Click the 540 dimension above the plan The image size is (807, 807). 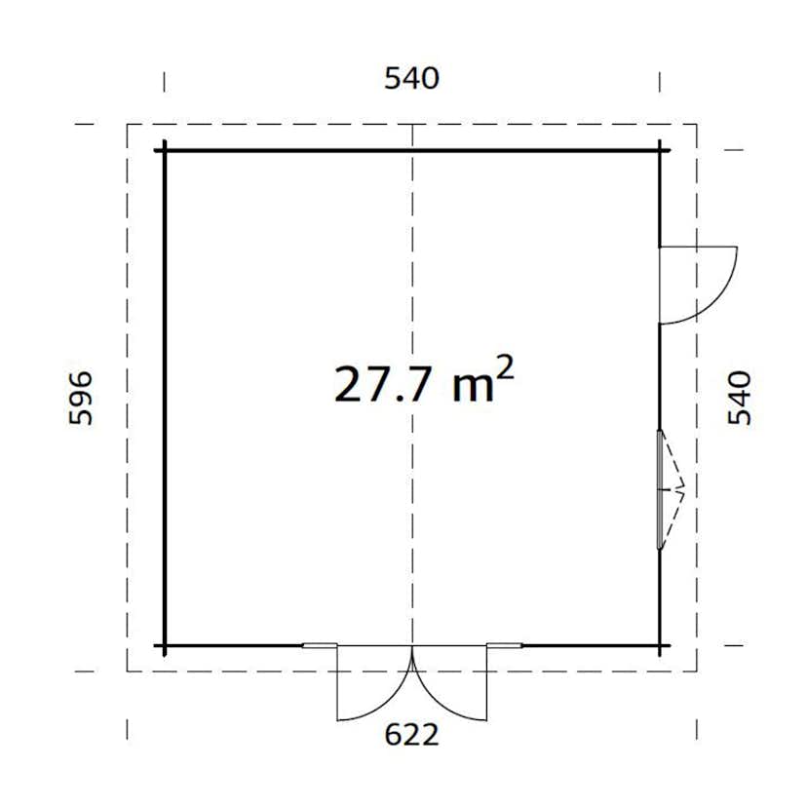[x=411, y=79]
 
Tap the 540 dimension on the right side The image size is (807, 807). [x=741, y=397]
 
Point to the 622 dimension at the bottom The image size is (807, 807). [x=411, y=735]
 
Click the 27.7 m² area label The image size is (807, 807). [x=423, y=382]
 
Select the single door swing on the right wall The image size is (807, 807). [x=698, y=284]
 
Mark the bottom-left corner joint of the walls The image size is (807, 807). [x=164, y=645]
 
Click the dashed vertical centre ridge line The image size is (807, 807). [x=412, y=244]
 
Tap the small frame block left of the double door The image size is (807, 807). [x=319, y=645]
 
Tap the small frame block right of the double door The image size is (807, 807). [x=505, y=645]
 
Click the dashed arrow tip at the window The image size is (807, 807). [x=685, y=490]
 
